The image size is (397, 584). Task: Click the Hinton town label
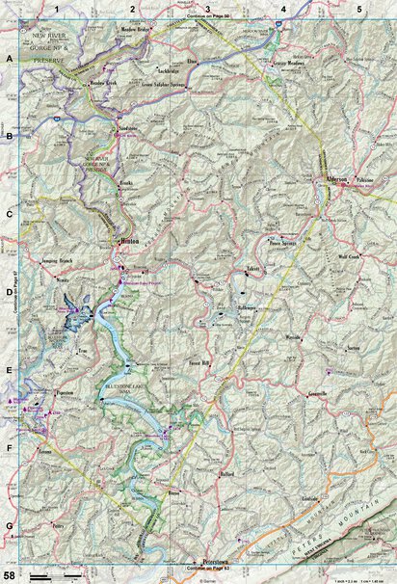click(x=128, y=242)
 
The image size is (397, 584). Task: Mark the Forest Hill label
click(x=198, y=365)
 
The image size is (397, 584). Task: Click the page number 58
click(x=9, y=573)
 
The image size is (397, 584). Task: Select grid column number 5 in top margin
click(x=358, y=9)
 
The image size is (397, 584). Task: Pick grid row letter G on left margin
click(x=10, y=525)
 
